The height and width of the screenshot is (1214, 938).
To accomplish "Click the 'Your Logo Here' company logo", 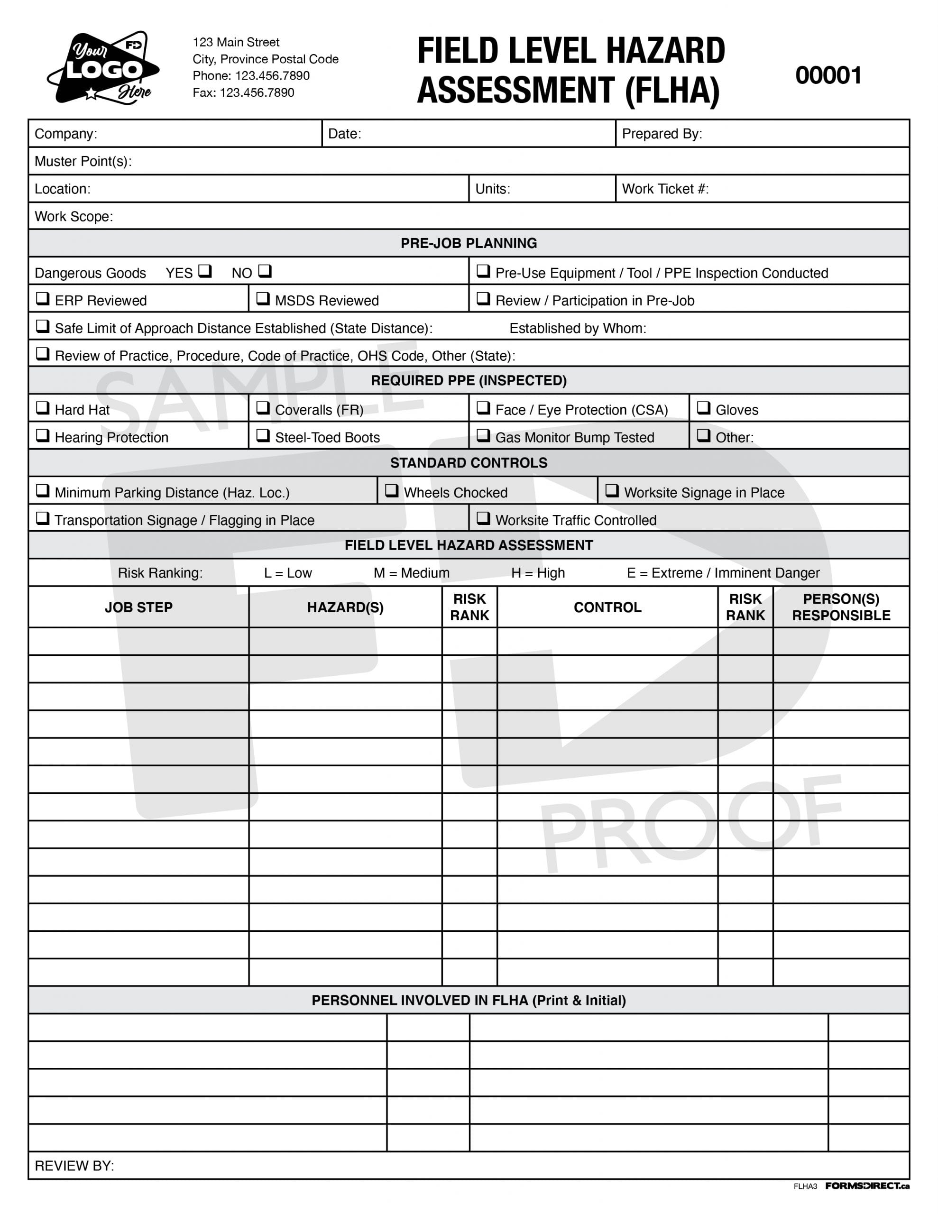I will pos(104,68).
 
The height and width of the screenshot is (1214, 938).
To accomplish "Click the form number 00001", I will pos(828,75).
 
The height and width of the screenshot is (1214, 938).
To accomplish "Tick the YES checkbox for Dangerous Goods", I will pos(205,271).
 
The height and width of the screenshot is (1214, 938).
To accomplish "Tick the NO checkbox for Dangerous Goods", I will pos(265,271).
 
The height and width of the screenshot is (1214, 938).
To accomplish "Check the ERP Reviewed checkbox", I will pos(43,298).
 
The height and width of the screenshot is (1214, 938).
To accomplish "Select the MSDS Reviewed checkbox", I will pos(263,298).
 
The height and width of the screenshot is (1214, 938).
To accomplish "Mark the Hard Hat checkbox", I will pos(43,408).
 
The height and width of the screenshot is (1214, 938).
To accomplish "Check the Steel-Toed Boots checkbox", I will pos(263,435).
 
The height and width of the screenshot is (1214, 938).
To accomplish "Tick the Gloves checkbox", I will pos(703,408).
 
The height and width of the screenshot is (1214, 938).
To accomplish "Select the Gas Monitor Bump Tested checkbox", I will pos(483,435).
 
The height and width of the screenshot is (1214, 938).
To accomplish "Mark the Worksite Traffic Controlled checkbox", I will pos(483,518).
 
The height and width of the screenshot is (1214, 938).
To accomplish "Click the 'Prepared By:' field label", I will pos(662,134).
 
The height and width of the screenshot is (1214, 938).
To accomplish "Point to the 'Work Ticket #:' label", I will pos(665,189).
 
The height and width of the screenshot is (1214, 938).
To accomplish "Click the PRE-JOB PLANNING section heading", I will pos(469,243).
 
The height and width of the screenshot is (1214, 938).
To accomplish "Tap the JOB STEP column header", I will pos(138,607).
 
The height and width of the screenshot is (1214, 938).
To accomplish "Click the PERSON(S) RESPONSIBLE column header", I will pos(841,607).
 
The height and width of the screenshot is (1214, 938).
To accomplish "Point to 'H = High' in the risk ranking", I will pos(538,572).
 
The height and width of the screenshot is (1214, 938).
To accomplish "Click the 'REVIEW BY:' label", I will pos(74,1166).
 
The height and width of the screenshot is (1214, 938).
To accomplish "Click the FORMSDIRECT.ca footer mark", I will pos(867,1186).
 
